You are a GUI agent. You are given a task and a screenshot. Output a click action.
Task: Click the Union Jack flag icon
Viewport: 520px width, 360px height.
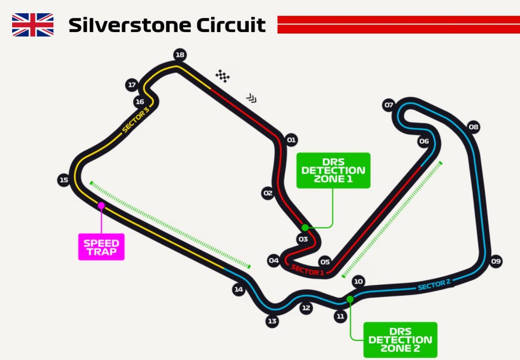point(32,25)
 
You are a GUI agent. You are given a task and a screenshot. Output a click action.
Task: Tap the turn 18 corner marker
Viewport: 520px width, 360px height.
point(179,55)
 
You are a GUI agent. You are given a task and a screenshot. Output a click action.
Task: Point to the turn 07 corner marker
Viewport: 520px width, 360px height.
point(389,106)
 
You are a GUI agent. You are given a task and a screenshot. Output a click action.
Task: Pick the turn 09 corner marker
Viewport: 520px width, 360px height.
point(496,261)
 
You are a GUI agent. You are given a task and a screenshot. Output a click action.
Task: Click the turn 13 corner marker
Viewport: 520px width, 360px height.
point(272,321)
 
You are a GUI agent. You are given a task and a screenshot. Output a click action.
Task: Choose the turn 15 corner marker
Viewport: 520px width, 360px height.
point(63,180)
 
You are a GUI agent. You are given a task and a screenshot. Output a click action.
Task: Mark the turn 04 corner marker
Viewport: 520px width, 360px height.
point(274,261)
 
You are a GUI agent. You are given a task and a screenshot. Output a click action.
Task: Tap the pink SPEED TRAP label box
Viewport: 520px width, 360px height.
point(101,247)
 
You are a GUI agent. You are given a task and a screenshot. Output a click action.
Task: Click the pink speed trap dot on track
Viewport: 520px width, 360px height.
point(101,205)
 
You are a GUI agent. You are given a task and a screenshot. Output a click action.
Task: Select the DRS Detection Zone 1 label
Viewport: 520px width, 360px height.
point(333,170)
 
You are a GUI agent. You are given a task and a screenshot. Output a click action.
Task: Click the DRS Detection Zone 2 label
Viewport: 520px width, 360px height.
point(400,339)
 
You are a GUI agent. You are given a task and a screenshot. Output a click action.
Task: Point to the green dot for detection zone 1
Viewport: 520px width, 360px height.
point(305,227)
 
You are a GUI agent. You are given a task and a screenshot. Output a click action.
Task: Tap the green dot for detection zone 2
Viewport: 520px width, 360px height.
point(350,299)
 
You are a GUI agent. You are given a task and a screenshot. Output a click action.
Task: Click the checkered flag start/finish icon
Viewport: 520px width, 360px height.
point(222,76)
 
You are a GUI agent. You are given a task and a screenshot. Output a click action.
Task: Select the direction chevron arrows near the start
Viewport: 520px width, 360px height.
point(251,97)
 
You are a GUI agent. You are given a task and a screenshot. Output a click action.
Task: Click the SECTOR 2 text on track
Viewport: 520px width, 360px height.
point(434,285)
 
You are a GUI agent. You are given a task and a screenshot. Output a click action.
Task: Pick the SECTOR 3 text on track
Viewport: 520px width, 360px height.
point(136,120)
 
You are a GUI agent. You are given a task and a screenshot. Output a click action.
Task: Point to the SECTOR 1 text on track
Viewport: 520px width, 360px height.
point(307,270)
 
